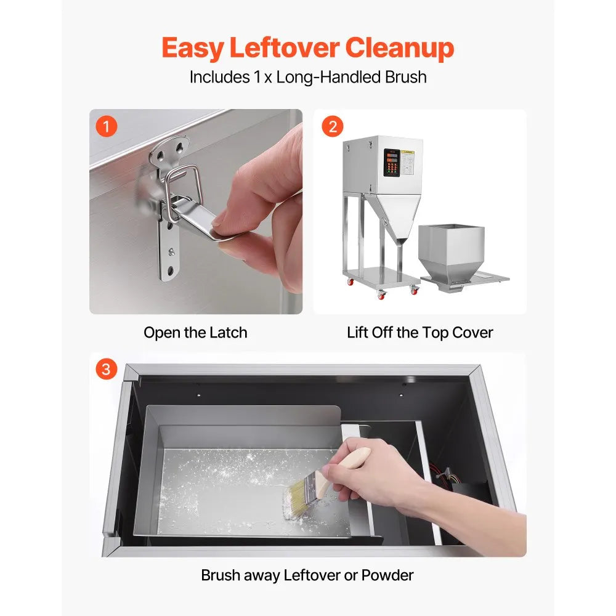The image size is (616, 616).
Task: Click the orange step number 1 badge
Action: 107,126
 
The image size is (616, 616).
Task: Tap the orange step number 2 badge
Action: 333,126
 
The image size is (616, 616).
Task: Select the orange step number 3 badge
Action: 107,369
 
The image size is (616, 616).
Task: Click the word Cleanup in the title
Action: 400,48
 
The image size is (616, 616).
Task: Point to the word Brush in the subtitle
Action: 405,77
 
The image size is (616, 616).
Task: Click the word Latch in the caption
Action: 229,333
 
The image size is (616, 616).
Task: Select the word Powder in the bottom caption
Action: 387,575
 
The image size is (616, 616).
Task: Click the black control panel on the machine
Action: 392,162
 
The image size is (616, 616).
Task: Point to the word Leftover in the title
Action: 285,48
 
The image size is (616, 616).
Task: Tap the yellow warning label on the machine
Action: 408,152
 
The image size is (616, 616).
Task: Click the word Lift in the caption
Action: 357,333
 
